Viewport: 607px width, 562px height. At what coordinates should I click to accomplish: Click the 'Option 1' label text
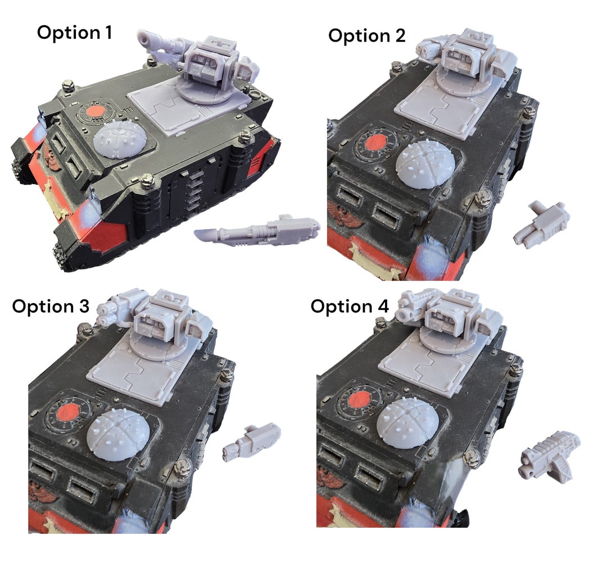tap(74, 32)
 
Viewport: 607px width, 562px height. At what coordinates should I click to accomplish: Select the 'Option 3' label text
tap(51, 307)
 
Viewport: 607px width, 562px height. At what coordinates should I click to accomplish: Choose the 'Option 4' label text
tap(349, 307)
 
